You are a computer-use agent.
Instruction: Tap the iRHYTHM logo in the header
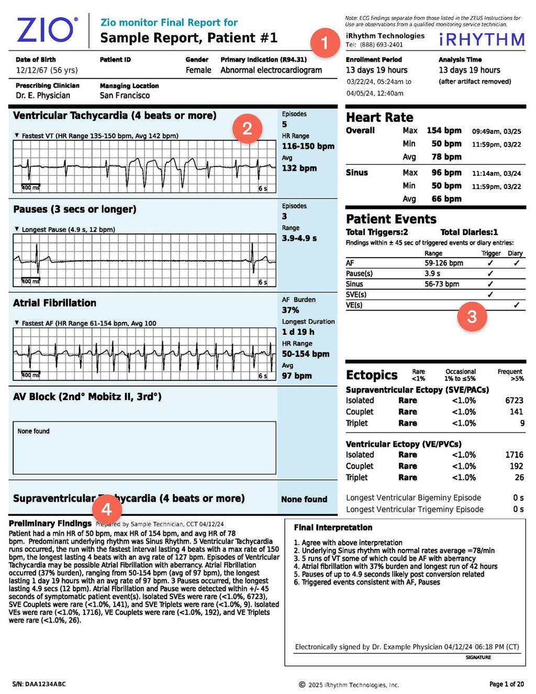click(x=482, y=39)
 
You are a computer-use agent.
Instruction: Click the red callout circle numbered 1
click(x=325, y=42)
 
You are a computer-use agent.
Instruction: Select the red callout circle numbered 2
click(x=247, y=128)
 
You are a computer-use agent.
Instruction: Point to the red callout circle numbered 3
click(x=472, y=316)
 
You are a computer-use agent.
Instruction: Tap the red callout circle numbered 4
click(x=106, y=509)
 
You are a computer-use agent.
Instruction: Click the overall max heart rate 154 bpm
click(x=444, y=130)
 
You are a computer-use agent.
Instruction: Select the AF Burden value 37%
click(x=291, y=310)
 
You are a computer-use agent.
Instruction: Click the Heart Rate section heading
click(x=379, y=117)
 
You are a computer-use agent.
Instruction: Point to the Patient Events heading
click(x=391, y=219)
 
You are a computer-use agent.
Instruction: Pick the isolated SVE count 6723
click(x=514, y=400)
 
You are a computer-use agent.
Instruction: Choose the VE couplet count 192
click(x=516, y=466)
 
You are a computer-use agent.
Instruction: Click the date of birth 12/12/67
click(x=32, y=70)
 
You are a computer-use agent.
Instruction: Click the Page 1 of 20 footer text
click(x=506, y=684)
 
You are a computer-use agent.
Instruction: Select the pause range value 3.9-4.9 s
click(x=299, y=238)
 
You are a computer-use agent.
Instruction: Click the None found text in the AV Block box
click(x=33, y=431)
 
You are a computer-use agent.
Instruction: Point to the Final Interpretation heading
click(x=333, y=527)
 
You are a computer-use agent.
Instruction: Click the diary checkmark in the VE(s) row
click(x=516, y=305)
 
